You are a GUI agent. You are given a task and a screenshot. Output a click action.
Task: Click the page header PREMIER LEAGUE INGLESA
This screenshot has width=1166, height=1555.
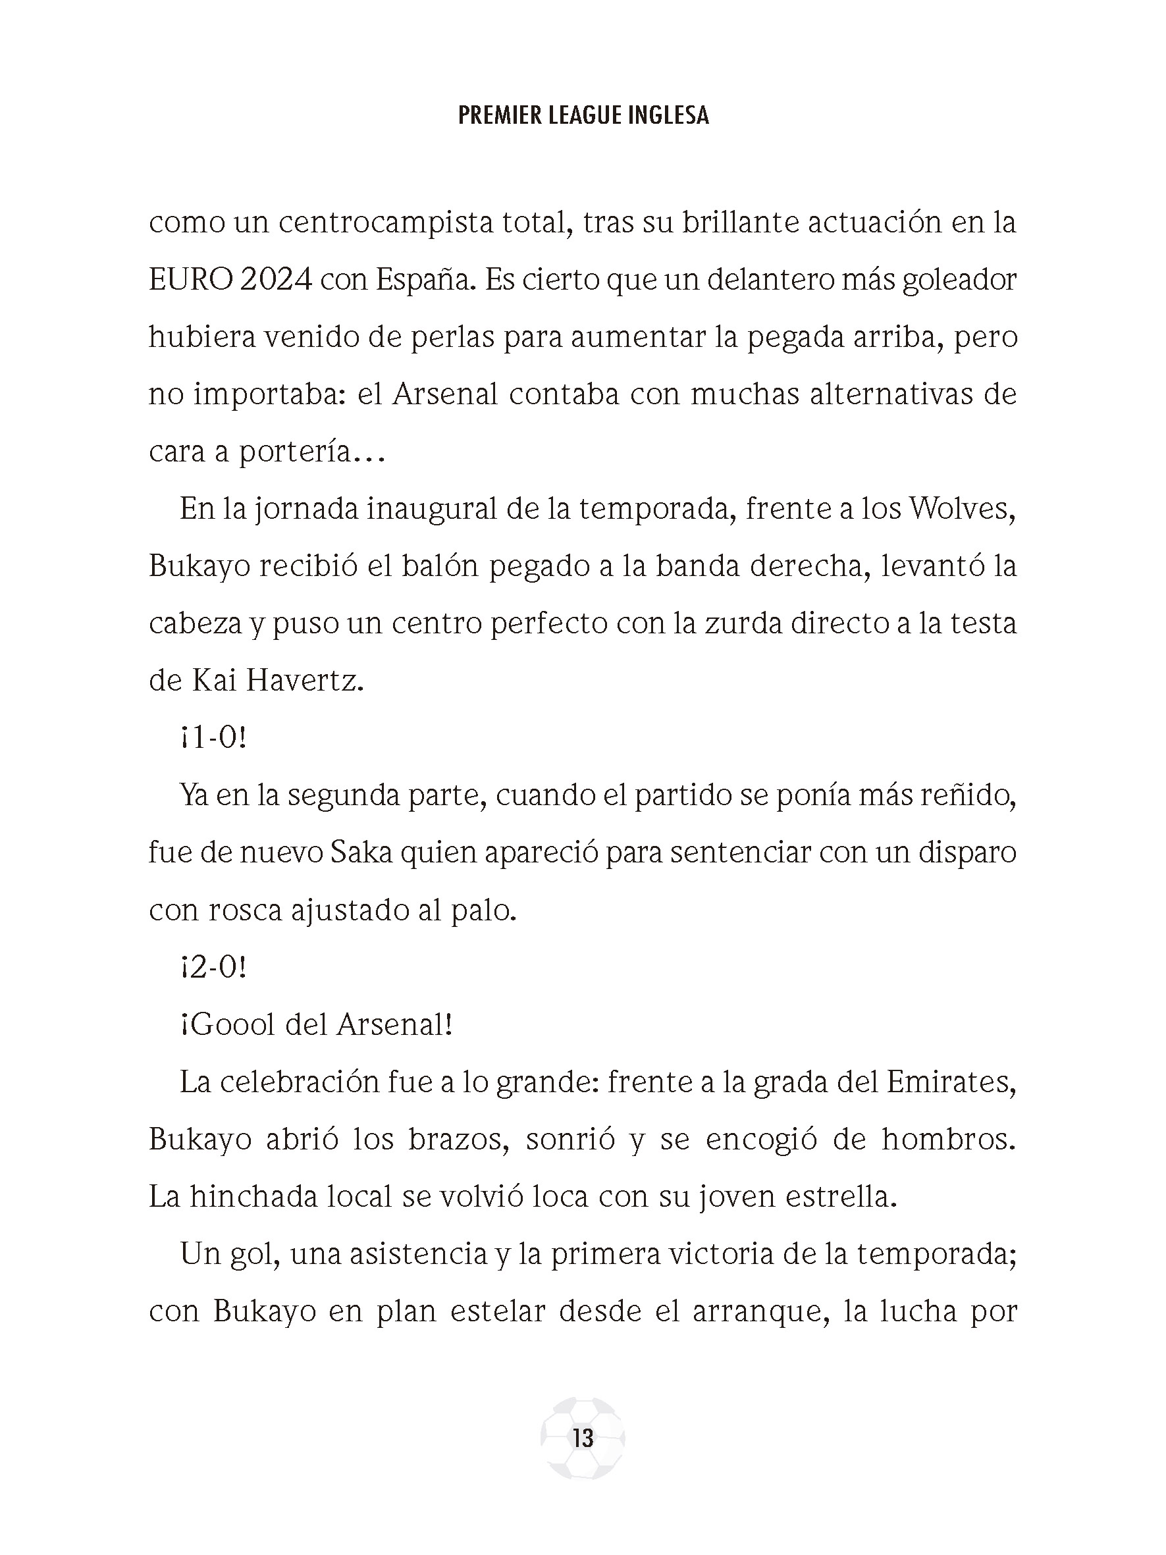coord(583,115)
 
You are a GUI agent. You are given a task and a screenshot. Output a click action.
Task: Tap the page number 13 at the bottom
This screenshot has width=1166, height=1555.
coord(583,1438)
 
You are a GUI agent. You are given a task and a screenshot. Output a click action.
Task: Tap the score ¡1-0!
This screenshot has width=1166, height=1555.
coord(213,738)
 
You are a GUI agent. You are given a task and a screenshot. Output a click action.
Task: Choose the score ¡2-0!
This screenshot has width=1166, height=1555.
coord(213,967)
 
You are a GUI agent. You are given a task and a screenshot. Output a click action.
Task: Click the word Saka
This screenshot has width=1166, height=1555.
coord(357,853)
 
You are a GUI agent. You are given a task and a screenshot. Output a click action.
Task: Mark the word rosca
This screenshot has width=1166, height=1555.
coord(244,910)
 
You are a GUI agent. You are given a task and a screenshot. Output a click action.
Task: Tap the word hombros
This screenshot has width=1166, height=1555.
coord(949,1140)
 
